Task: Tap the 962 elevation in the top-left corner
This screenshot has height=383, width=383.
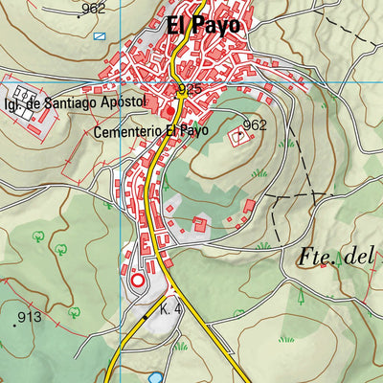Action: (x=93, y=10)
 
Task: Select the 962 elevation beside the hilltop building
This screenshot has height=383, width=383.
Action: (x=254, y=125)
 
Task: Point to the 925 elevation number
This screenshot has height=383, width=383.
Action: (x=190, y=90)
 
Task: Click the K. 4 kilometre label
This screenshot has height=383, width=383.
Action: (x=172, y=310)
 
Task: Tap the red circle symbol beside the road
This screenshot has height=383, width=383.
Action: (x=137, y=281)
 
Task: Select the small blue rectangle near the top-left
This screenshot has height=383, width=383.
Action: (x=101, y=35)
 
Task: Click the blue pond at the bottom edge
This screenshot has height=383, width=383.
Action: (x=154, y=378)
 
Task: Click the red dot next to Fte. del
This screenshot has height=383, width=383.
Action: (x=324, y=265)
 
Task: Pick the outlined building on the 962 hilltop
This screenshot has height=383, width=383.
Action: (x=238, y=138)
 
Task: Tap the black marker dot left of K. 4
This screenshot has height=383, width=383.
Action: (x=146, y=316)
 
